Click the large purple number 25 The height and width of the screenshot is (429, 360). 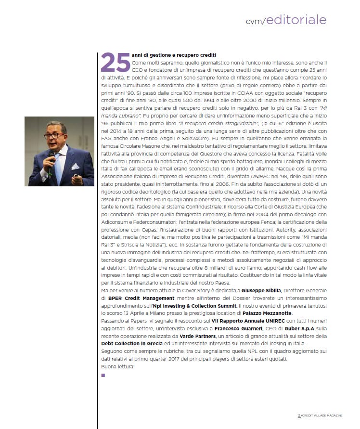[x=115, y=62]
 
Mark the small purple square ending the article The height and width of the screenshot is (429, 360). [x=103, y=374]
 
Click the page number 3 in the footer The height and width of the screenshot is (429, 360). [x=298, y=415]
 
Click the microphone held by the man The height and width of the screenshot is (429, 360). [x=51, y=159]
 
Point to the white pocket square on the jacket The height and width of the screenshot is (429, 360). [x=75, y=167]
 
